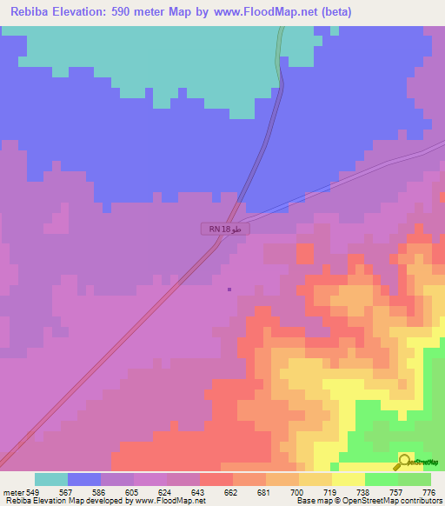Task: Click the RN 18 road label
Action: click(x=225, y=229)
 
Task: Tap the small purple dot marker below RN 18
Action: click(x=229, y=290)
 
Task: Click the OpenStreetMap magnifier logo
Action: click(x=404, y=461)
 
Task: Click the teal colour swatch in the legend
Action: click(x=51, y=479)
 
